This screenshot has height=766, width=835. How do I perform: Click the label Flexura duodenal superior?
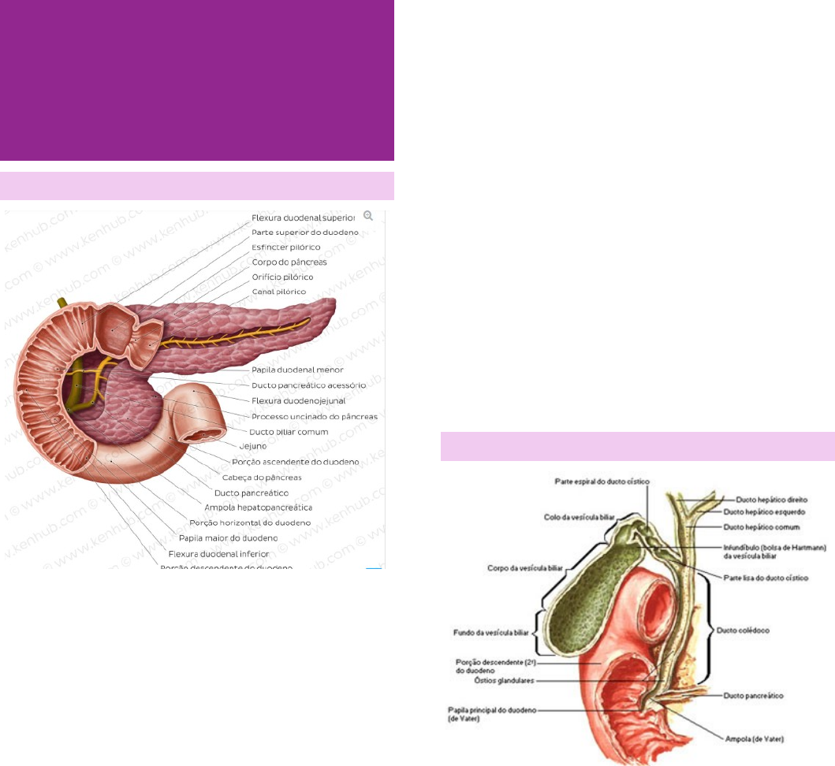click(304, 218)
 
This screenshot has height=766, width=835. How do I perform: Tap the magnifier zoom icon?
click(367, 215)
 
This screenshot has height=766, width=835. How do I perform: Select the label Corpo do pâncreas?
click(289, 262)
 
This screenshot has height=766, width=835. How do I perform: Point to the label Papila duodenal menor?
click(297, 370)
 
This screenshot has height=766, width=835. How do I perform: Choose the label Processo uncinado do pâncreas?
click(314, 416)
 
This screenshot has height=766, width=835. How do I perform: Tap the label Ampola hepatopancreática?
click(258, 508)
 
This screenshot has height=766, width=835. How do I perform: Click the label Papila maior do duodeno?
click(228, 538)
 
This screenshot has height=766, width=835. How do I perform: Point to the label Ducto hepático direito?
click(772, 499)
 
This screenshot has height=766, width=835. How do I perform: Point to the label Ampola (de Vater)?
click(755, 738)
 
